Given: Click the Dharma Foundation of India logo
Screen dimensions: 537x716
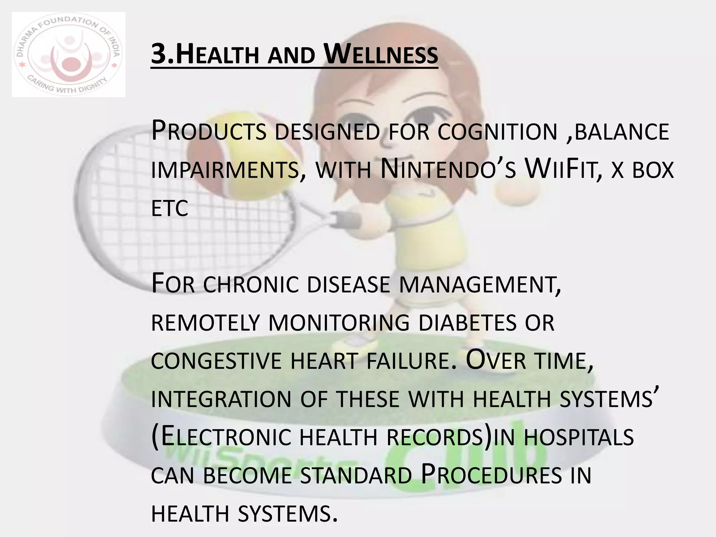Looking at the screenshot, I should [69, 55].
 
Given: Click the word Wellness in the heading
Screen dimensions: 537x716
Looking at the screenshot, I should [381, 55].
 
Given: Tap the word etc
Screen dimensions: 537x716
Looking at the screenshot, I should [170, 209].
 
